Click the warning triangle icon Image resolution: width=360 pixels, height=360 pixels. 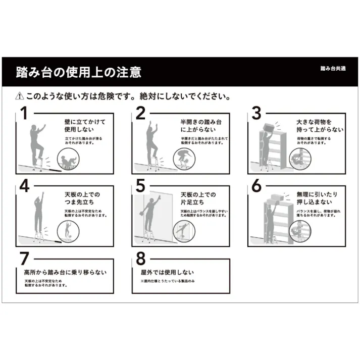coord(20,95)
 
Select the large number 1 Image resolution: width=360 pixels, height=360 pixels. coord(23,114)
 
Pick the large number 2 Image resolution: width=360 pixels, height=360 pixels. coord(140,114)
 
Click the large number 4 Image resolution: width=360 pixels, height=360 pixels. coord(24,186)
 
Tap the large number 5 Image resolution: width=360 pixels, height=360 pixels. coord(140,186)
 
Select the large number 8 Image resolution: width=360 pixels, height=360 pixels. coord(140,259)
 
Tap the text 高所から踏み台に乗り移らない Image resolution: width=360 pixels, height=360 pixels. coord(66,273)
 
